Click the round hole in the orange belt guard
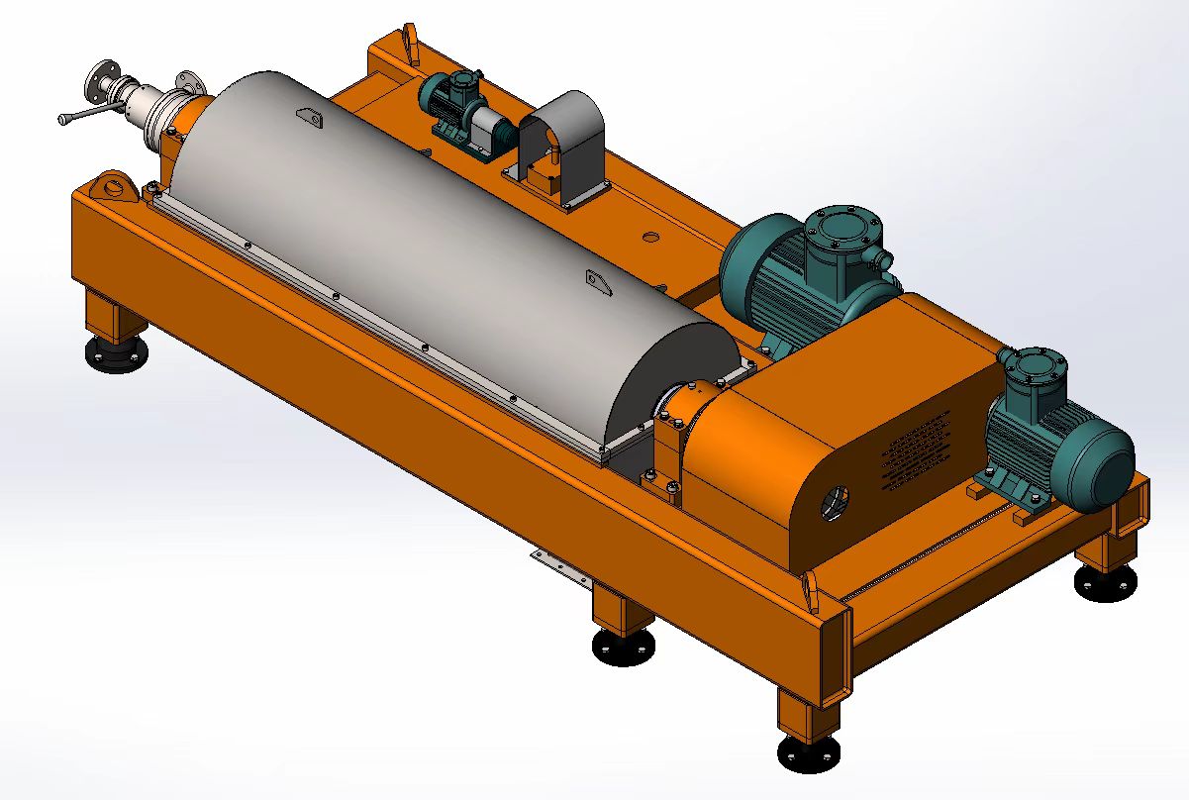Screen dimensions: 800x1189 tap(833, 501)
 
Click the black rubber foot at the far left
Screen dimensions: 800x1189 tap(116, 353)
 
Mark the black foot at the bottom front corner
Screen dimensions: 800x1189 tap(809, 753)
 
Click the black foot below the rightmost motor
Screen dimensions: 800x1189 tap(1107, 584)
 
